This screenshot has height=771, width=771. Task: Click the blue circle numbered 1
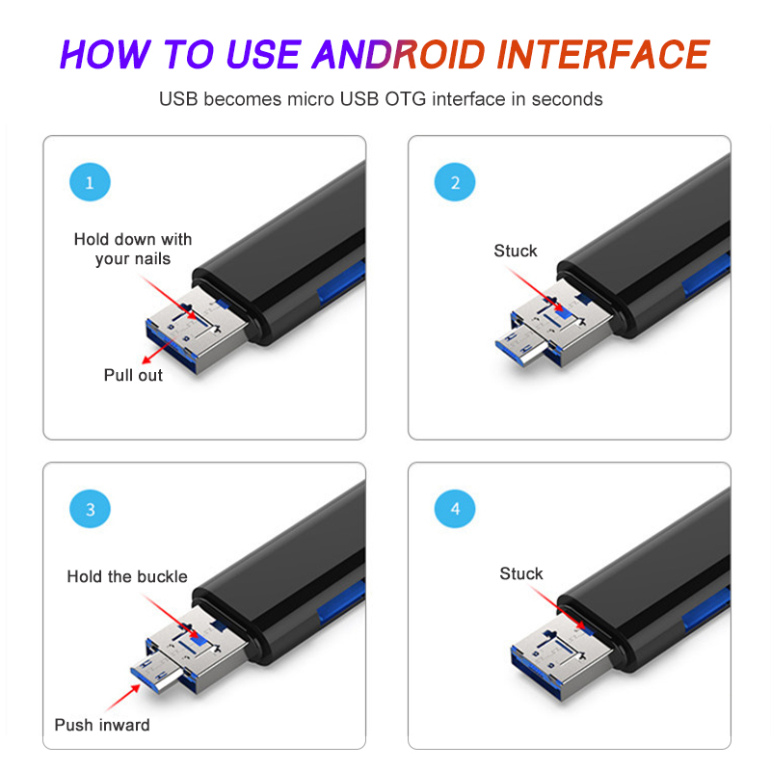point(90,182)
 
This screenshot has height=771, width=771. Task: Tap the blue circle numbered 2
point(455,182)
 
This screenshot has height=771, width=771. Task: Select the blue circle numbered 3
point(90,509)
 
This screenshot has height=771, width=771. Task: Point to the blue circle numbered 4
point(455,509)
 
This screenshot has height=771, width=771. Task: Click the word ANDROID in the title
point(399,54)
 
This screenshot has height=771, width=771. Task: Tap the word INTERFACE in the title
point(603,54)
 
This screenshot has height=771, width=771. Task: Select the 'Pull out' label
point(133,375)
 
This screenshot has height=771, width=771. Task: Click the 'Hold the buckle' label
point(127,576)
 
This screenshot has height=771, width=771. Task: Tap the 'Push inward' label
point(102,725)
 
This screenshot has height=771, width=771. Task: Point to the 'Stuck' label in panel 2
point(516,251)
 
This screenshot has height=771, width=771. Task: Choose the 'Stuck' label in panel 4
point(521,573)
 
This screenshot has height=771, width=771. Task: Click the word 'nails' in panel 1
point(151,258)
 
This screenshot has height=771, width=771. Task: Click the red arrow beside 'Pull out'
point(159,350)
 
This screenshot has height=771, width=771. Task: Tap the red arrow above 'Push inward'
point(123,697)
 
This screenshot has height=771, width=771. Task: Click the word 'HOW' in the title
point(105,54)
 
